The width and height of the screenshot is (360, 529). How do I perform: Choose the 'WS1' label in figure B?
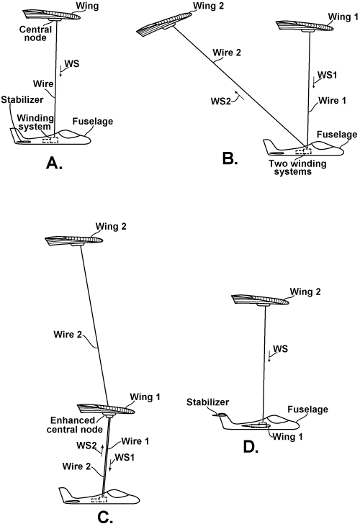coord(327,75)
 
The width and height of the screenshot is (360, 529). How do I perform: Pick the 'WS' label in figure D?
coord(282,350)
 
